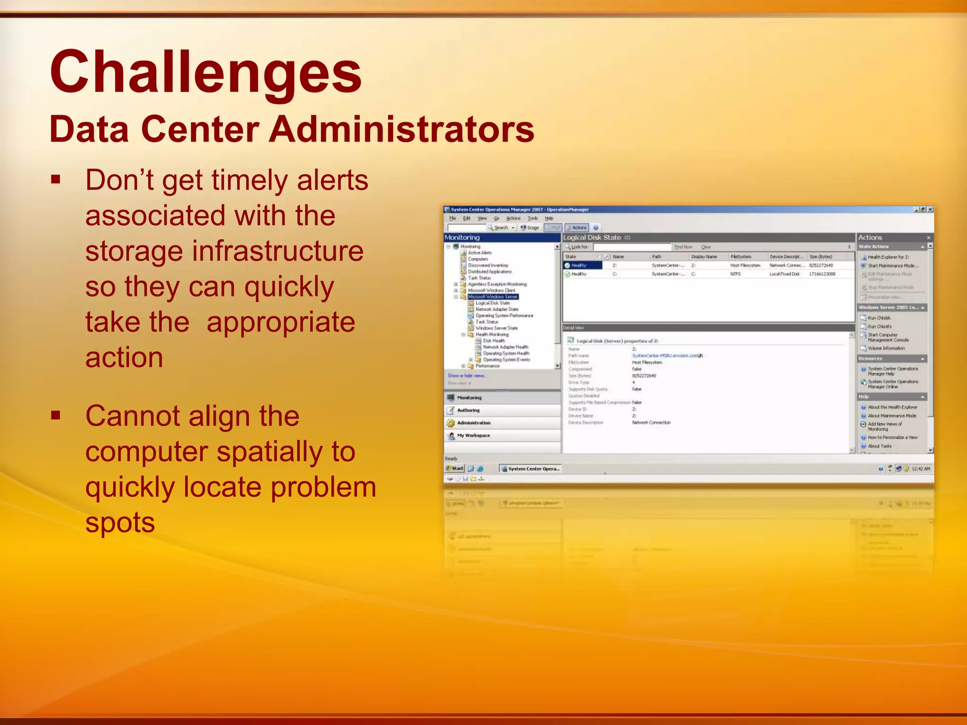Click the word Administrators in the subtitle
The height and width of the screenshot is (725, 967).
(x=401, y=130)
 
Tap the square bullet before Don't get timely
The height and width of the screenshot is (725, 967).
(x=56, y=180)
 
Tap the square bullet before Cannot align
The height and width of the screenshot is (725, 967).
(x=56, y=416)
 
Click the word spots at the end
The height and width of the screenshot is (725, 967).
(x=120, y=523)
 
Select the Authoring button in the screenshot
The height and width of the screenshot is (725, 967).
(x=468, y=410)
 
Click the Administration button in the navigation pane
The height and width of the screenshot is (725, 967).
(x=474, y=423)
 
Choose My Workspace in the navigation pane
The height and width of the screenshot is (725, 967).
(x=473, y=436)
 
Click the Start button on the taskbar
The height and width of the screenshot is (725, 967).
(x=455, y=469)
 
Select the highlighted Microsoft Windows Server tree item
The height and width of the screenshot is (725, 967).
(x=492, y=297)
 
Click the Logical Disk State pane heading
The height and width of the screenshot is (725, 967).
(x=592, y=238)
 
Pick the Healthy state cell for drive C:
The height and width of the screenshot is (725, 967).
(x=578, y=274)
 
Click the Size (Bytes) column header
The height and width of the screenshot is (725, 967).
(x=821, y=257)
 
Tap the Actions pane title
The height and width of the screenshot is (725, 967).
(x=870, y=238)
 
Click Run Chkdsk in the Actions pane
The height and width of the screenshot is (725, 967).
(x=879, y=318)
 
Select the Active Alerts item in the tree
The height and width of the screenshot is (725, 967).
(x=480, y=253)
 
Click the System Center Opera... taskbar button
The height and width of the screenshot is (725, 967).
(x=530, y=469)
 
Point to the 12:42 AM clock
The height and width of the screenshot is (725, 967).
(x=920, y=469)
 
